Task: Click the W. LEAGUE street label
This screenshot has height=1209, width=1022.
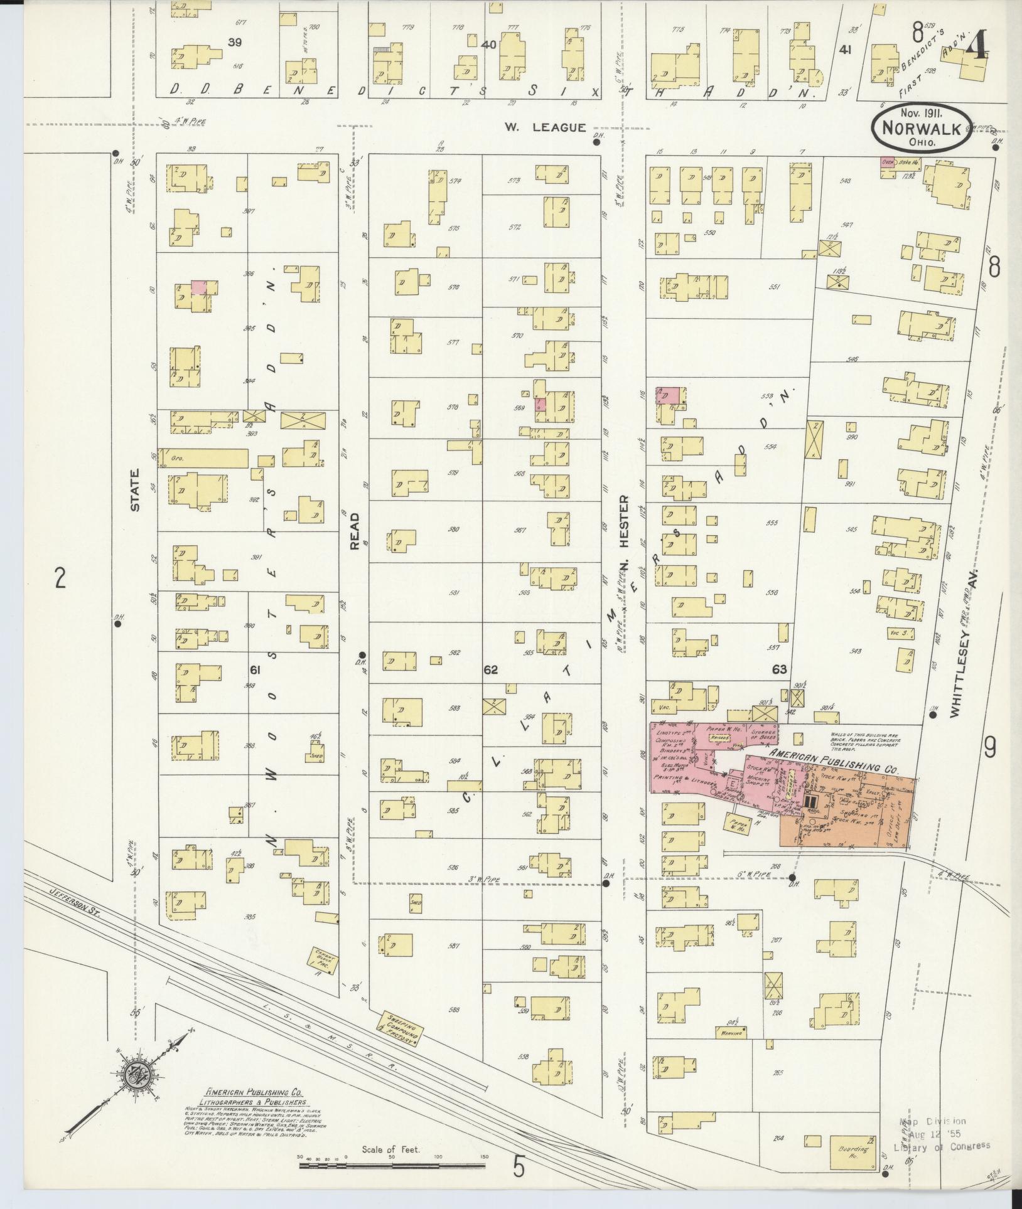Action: (x=545, y=127)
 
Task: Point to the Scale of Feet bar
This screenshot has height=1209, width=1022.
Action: (x=392, y=1165)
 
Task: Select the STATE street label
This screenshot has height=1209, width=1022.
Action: (x=134, y=496)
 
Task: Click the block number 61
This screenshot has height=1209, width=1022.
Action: (x=255, y=670)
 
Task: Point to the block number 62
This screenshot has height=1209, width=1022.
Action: (x=490, y=670)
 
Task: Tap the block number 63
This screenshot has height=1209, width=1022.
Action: (x=780, y=669)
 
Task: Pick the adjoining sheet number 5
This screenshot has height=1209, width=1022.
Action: (x=519, y=1166)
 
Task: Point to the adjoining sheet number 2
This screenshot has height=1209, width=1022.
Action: (x=60, y=578)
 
